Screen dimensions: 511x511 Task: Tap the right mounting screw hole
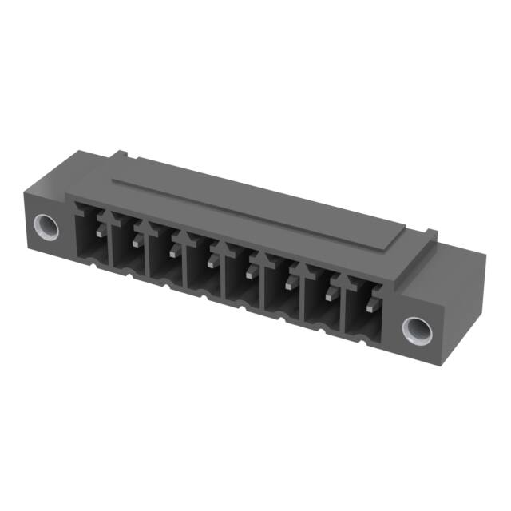point(416,328)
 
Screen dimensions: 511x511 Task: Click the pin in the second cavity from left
point(136,241)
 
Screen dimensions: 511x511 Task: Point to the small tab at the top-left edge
point(118,153)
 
